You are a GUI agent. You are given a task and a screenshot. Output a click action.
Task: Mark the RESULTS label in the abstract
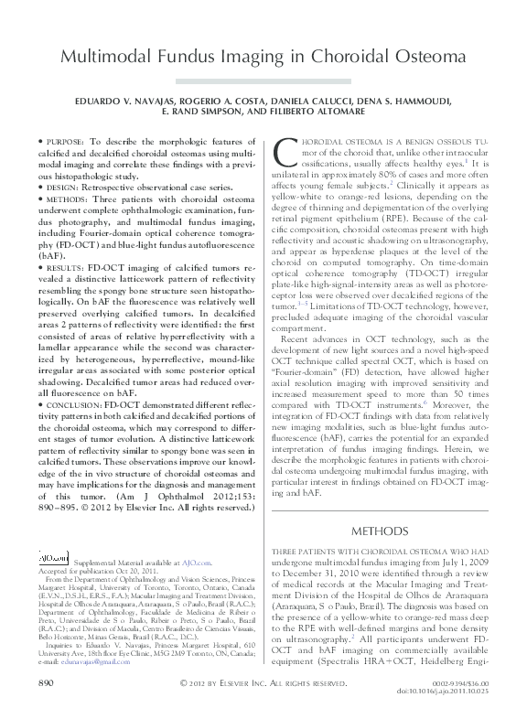tap(63, 268)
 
